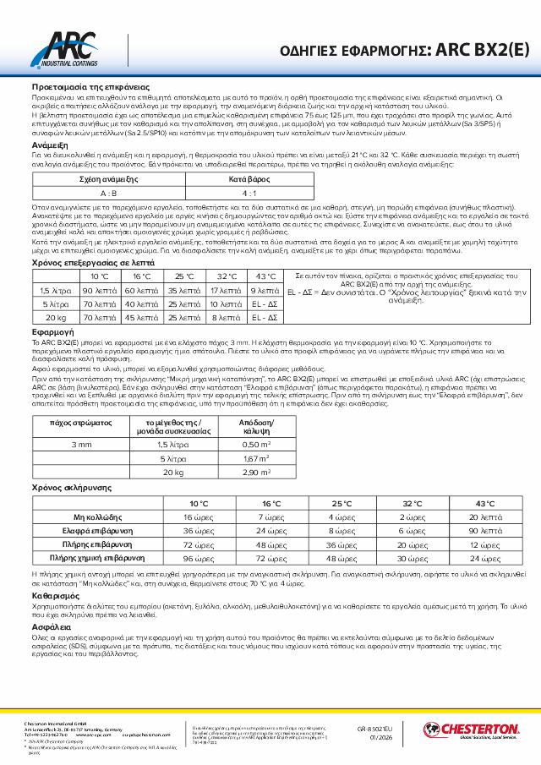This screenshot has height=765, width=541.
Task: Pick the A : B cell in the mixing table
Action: (108, 194)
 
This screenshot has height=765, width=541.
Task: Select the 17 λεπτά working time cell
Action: (225, 290)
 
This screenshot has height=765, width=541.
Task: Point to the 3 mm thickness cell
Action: (83, 445)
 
